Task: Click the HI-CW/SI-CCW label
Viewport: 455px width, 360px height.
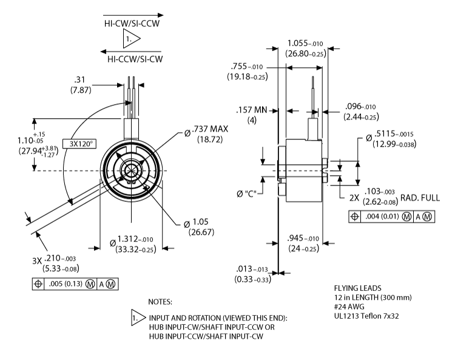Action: tap(133, 24)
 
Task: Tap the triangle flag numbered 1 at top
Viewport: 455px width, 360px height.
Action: tap(130, 41)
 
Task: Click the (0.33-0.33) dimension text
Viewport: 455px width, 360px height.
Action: tap(252, 279)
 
